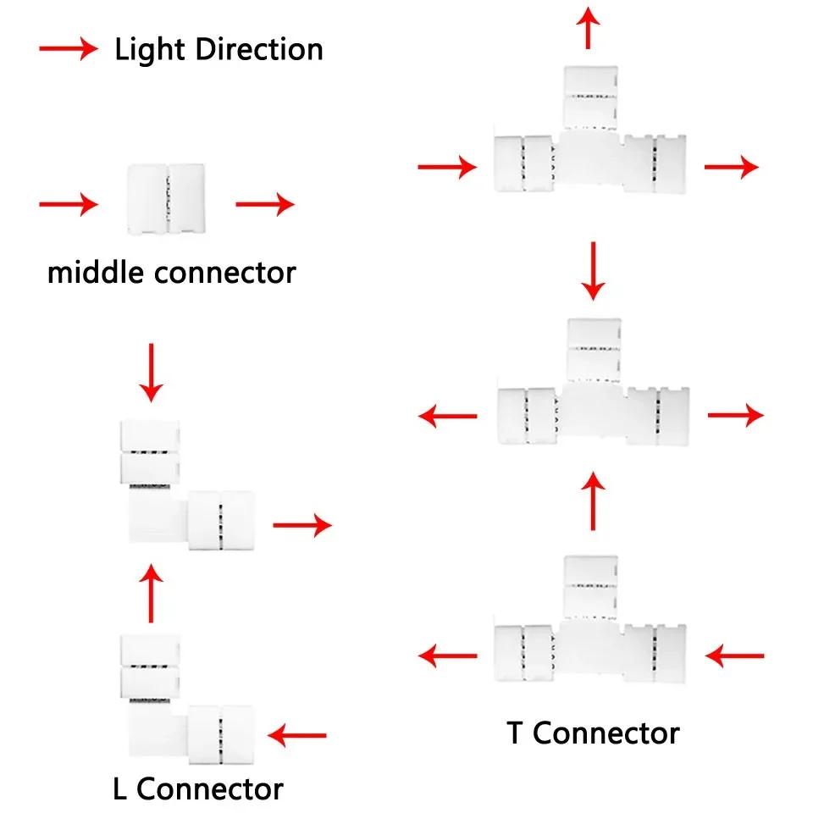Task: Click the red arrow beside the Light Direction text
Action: click(69, 50)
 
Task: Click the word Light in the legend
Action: click(151, 49)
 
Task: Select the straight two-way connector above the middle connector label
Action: click(166, 198)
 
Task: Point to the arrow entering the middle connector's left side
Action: click(69, 204)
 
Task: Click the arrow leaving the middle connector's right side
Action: click(264, 204)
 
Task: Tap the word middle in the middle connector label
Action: click(96, 273)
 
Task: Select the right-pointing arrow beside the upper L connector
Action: click(301, 525)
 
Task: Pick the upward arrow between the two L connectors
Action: click(152, 594)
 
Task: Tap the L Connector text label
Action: click(198, 788)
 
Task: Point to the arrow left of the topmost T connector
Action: click(447, 167)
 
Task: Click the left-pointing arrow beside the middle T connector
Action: click(449, 416)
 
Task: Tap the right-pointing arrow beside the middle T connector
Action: click(735, 415)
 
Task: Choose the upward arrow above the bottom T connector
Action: click(594, 501)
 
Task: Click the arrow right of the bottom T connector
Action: click(735, 655)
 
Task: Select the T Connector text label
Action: click(593, 733)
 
